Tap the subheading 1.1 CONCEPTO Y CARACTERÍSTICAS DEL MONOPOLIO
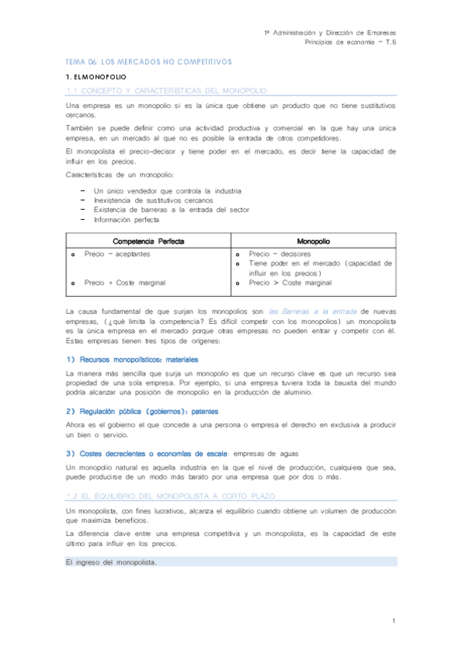click(166, 91)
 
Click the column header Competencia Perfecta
click(149, 241)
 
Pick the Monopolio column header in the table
click(313, 241)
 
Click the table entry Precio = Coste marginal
click(125, 282)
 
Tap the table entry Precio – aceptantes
click(117, 253)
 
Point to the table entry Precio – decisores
click(280, 253)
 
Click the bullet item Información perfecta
click(126, 220)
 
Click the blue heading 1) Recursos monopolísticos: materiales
click(132, 359)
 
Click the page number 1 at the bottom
click(393, 620)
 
